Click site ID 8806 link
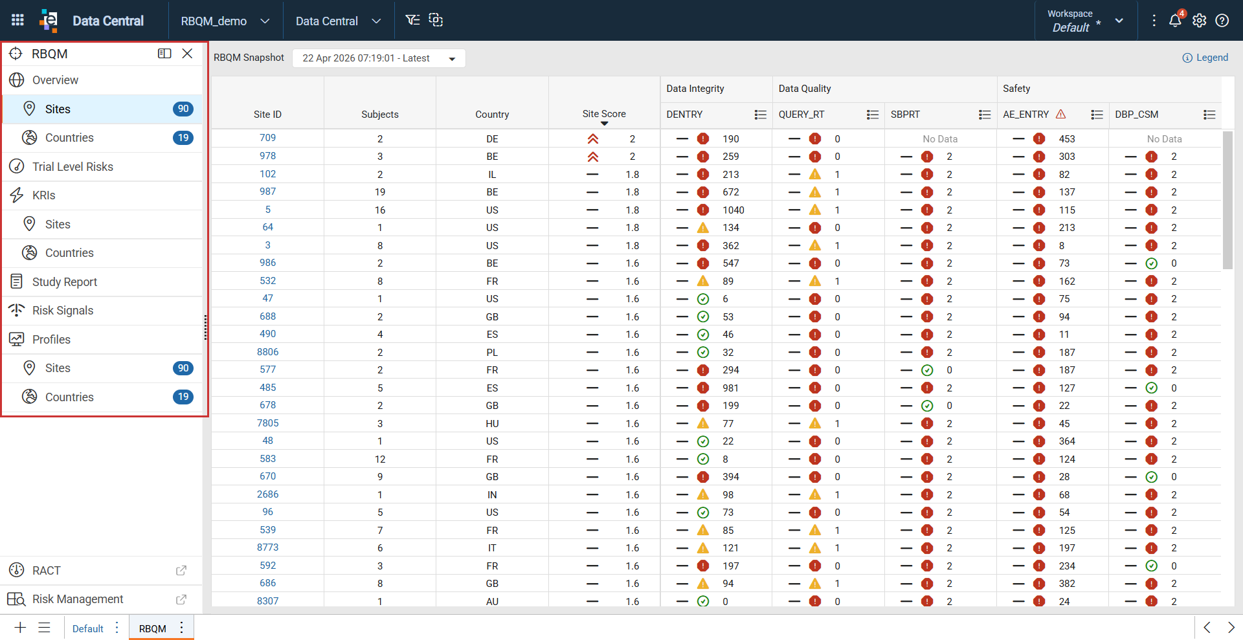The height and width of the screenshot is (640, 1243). (267, 352)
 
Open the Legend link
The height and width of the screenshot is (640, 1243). (1205, 58)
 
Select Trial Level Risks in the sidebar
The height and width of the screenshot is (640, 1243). (73, 167)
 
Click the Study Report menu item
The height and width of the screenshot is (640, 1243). (65, 282)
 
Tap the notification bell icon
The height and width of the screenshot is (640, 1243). (1175, 21)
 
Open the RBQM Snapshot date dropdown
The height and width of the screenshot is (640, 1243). (379, 58)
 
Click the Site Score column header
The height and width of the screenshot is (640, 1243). (604, 114)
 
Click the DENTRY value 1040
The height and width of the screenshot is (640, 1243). (733, 210)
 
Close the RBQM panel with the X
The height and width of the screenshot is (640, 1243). (187, 54)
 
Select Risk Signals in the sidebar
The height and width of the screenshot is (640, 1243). (63, 311)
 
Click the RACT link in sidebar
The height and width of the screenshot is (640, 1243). (47, 571)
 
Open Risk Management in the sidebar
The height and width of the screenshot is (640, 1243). (78, 599)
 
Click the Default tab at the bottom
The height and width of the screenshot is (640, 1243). (88, 628)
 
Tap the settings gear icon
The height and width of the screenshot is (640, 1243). (1199, 21)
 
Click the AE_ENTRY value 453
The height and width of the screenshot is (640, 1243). (1067, 139)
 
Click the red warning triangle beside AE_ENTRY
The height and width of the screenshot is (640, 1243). (1060, 114)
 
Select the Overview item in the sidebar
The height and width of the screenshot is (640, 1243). (55, 80)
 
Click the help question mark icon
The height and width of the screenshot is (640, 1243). (1222, 21)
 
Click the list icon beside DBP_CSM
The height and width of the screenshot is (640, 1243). (1209, 115)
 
